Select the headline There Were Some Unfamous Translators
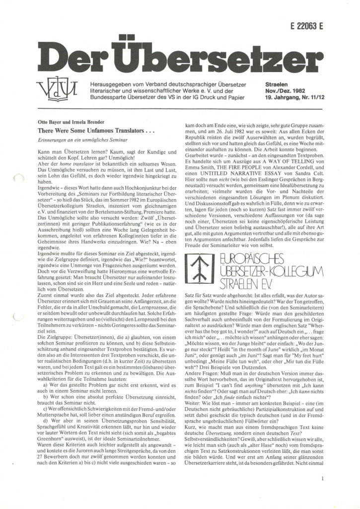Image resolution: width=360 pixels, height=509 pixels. [x=97, y=130]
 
